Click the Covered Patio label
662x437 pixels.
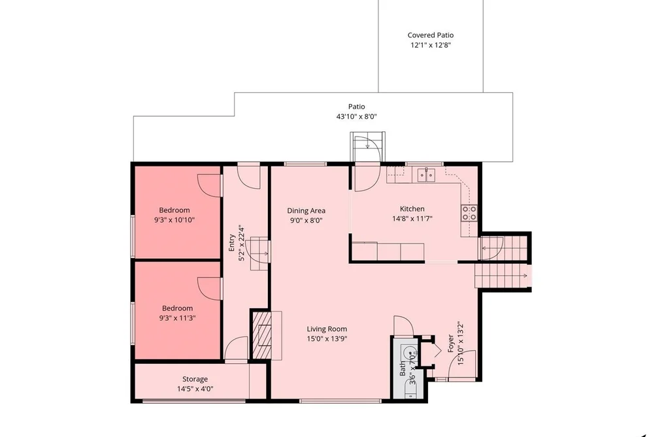click(x=430, y=35)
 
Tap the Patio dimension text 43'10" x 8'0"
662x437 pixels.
click(x=356, y=116)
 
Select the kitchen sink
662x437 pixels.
click(x=426, y=174)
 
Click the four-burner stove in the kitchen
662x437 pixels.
click(x=469, y=213)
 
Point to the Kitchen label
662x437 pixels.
click(x=412, y=209)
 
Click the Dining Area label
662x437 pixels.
click(x=306, y=211)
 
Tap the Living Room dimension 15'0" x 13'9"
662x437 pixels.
click(x=327, y=339)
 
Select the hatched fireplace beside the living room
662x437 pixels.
click(x=261, y=335)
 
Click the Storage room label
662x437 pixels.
click(x=195, y=380)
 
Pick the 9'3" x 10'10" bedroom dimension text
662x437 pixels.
click(x=174, y=219)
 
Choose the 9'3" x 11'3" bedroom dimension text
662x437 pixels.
click(x=177, y=318)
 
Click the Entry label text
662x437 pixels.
click(x=231, y=243)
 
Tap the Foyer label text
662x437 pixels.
click(x=451, y=344)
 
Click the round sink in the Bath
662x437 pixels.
click(x=410, y=352)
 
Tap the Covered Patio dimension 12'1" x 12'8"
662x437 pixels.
click(x=431, y=45)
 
